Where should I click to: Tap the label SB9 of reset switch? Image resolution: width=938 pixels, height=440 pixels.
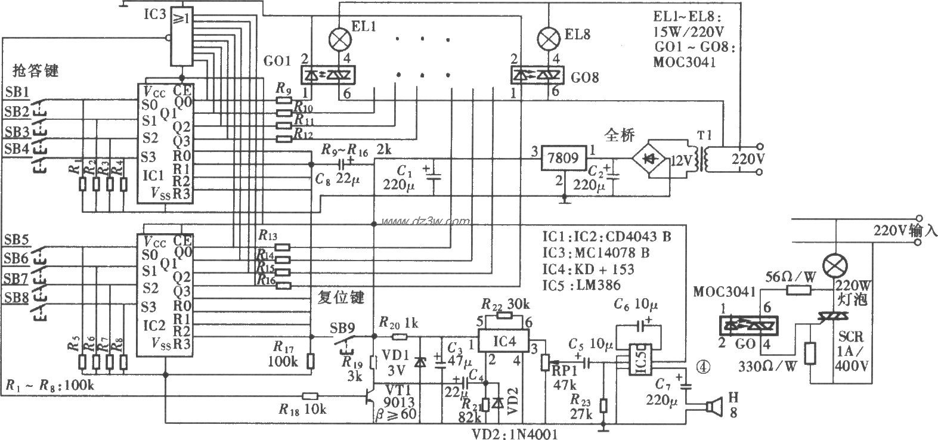pos(342,328)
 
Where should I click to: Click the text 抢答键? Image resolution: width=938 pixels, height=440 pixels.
pos(36,71)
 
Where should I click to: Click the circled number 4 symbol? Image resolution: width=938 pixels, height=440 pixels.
pos(704,367)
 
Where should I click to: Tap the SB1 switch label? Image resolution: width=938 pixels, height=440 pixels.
pos(16,92)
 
